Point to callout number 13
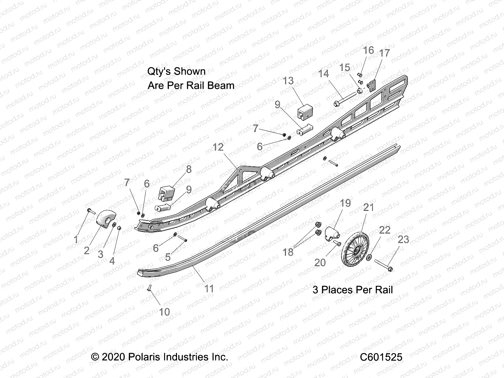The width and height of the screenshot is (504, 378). click(x=288, y=81)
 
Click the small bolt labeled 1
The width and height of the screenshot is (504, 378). click(x=90, y=211)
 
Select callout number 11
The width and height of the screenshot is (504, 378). click(x=209, y=288)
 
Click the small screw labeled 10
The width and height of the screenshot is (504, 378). click(x=150, y=288)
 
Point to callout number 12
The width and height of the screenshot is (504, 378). click(x=218, y=147)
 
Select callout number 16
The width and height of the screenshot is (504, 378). click(x=369, y=50)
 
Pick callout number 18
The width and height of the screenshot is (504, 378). click(x=288, y=252)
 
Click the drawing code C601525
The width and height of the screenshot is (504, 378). click(x=381, y=357)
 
